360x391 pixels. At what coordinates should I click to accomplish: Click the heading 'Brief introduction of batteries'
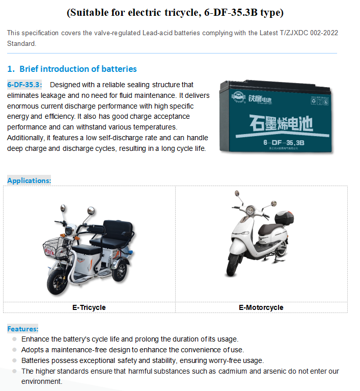pyautogui.click(x=78, y=69)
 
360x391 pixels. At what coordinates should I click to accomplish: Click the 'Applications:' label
pyautogui.click(x=29, y=180)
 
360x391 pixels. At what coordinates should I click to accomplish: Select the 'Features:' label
pyautogui.click(x=22, y=329)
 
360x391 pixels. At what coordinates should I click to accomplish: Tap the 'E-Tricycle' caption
pyautogui.click(x=89, y=307)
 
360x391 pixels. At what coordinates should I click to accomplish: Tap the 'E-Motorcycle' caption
pyautogui.click(x=261, y=307)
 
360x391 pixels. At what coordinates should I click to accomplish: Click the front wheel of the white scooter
pyautogui.click(x=233, y=266)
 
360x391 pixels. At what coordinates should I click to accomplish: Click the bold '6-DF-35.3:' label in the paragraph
pyautogui.click(x=24, y=85)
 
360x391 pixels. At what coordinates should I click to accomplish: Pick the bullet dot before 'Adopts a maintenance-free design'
pyautogui.click(x=15, y=350)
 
